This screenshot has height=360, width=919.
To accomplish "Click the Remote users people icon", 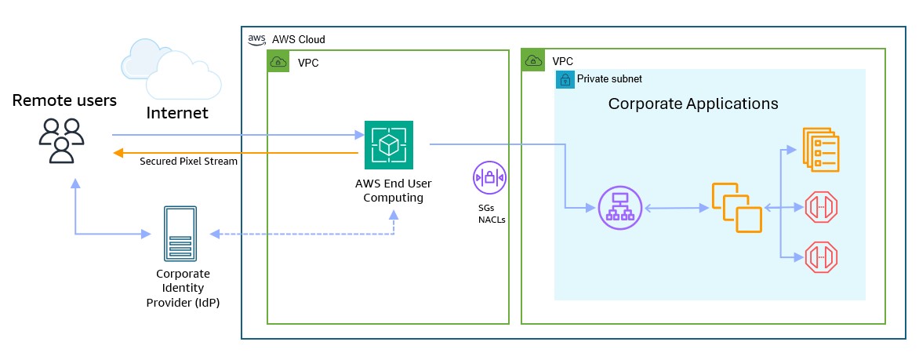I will click(x=61, y=140).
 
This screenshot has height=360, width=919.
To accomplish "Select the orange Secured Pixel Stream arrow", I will click(x=235, y=152).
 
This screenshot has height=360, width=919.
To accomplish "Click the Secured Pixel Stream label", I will click(x=188, y=162).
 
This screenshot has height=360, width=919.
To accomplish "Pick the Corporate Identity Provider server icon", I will click(x=181, y=234).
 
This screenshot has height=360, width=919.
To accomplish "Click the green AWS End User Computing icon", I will click(x=389, y=144).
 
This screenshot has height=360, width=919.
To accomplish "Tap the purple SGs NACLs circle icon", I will click(x=490, y=177).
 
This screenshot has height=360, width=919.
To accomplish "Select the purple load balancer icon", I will click(x=619, y=209).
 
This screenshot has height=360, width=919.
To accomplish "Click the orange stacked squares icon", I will click(x=736, y=208).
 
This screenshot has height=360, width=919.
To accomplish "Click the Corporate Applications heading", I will click(x=693, y=104).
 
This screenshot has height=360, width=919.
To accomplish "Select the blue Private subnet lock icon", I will click(x=565, y=79).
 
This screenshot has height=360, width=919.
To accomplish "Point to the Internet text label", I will click(x=177, y=113).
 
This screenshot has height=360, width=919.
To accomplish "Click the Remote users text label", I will click(x=64, y=100).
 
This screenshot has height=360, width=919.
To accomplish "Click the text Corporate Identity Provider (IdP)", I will click(x=183, y=289).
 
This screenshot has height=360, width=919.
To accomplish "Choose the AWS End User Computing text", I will click(x=389, y=191).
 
